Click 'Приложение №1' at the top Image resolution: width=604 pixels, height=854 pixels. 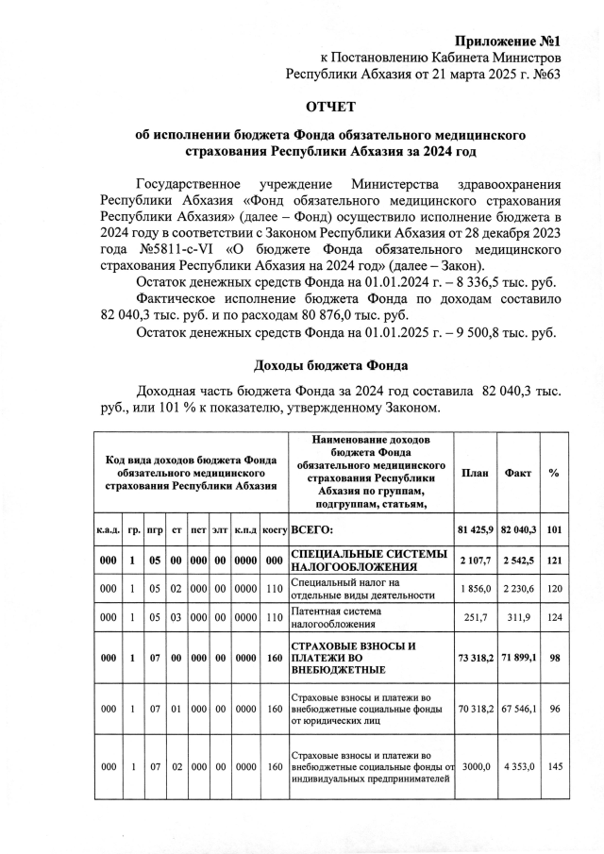coord(508,42)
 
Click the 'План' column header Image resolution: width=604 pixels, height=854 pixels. coord(475,473)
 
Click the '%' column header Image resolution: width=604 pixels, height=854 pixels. coord(554,473)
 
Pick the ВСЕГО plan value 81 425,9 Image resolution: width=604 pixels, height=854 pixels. coord(475,529)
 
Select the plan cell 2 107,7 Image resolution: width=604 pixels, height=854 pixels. coord(475,561)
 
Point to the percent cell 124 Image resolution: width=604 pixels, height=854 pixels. coord(554,618)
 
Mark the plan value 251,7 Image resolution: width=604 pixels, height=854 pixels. coord(475,618)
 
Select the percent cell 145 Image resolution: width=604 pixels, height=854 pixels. coord(554,766)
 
